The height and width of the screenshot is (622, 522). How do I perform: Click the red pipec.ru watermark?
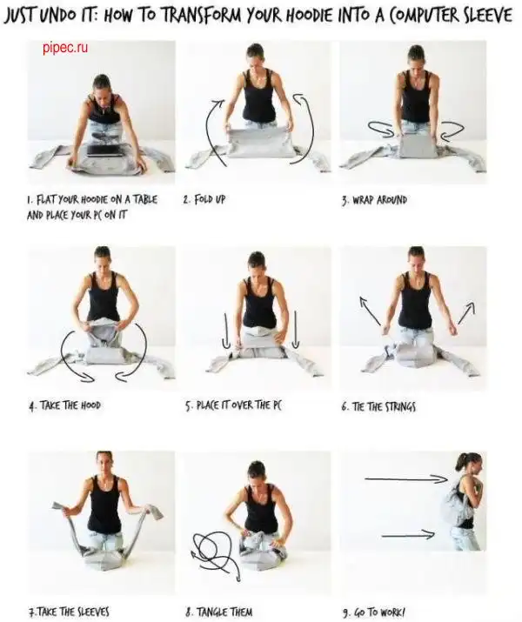(65, 48)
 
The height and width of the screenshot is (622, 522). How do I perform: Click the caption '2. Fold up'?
(204, 199)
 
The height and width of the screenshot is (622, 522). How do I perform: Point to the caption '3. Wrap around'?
(374, 199)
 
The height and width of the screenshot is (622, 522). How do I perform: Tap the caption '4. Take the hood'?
(64, 405)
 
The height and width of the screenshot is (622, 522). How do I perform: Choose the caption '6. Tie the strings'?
(378, 406)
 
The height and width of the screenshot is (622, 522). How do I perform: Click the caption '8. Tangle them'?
(218, 612)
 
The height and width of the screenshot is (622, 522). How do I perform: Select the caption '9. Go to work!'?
(373, 612)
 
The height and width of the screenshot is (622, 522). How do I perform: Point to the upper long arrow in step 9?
(406, 479)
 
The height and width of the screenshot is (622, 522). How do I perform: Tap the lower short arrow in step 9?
(408, 535)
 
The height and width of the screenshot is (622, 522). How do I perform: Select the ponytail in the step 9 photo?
(462, 462)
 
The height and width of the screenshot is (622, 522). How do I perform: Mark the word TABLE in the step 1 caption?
(144, 199)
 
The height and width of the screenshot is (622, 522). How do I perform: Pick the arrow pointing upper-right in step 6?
(466, 313)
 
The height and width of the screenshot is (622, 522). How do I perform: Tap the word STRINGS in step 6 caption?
(400, 406)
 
